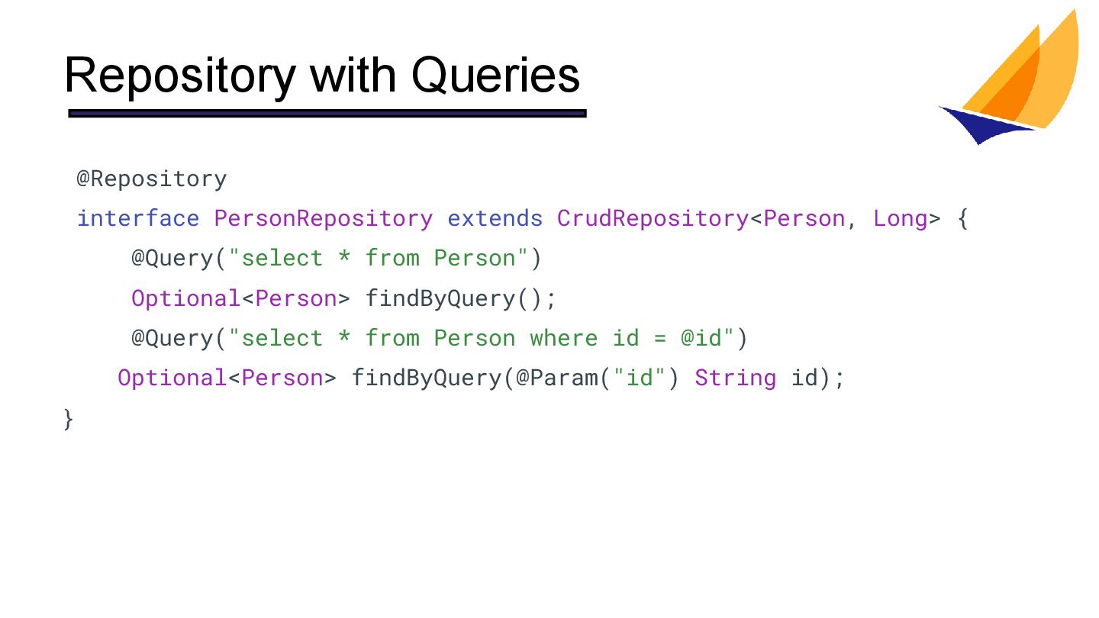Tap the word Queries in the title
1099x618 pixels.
pyautogui.click(x=495, y=76)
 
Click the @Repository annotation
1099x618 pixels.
pyautogui.click(x=151, y=179)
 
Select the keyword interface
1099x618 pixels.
pyautogui.click(x=138, y=219)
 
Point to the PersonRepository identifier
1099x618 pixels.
pyautogui.click(x=323, y=219)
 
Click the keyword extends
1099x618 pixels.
pyautogui.click(x=495, y=219)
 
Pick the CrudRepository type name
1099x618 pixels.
pyautogui.click(x=653, y=219)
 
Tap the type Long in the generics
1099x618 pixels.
pyautogui.click(x=901, y=219)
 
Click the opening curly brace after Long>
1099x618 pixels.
pyautogui.click(x=962, y=219)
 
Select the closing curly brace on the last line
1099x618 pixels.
pyautogui.click(x=69, y=418)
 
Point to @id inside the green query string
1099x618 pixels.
pyautogui.click(x=701, y=338)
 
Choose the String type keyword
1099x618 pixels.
pyautogui.click(x=735, y=378)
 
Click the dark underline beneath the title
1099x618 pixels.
pyautogui.click(x=327, y=114)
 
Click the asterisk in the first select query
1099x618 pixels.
pyautogui.click(x=344, y=259)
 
